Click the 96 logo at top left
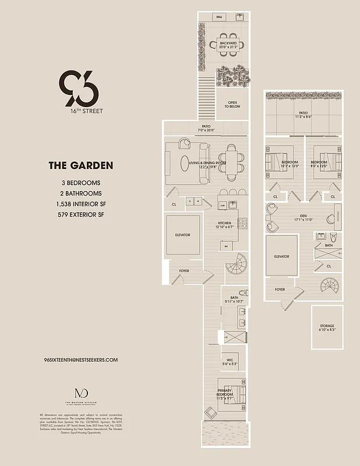coord(79,88)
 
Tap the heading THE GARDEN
coord(80,166)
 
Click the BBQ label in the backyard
coord(220,17)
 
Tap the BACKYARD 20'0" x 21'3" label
coord(228,45)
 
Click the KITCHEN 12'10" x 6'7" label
coord(226,225)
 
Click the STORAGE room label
coord(327,327)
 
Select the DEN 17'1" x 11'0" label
coord(303,217)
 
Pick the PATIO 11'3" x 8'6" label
coord(303,115)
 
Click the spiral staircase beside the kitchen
coord(237,265)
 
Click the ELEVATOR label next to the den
coord(282,256)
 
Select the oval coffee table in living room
coord(185,163)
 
